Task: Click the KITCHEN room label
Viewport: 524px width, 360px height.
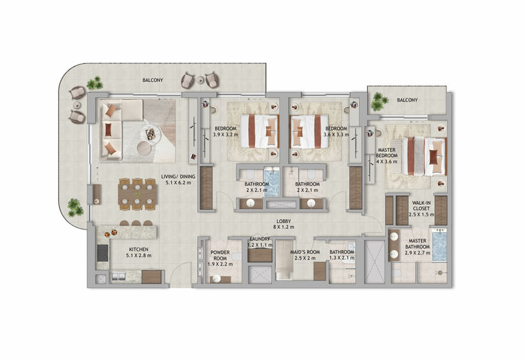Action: pyautogui.click(x=139, y=249)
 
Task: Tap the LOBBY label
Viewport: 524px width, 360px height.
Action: pyautogui.click(x=284, y=221)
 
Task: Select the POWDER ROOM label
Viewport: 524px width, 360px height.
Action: pyautogui.click(x=220, y=255)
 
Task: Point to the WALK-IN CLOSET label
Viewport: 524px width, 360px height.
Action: pyautogui.click(x=421, y=206)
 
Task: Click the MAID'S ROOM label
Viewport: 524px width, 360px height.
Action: pyautogui.click(x=304, y=252)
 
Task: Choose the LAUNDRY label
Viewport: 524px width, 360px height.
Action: pyautogui.click(x=260, y=239)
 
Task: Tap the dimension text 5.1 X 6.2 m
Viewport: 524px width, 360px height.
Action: pyautogui.click(x=178, y=182)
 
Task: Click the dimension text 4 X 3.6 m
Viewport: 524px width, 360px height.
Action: pyautogui.click(x=386, y=162)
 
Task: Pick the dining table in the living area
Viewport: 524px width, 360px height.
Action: pyautogui.click(x=138, y=195)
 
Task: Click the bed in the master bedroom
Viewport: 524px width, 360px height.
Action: pyautogui.click(x=424, y=156)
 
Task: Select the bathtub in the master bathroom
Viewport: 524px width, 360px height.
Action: pyautogui.click(x=439, y=246)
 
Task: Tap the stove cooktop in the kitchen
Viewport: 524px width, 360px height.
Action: pyautogui.click(x=103, y=253)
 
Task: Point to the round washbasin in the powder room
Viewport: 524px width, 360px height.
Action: pyautogui.click(x=217, y=278)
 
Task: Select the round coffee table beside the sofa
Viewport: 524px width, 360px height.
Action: pyautogui.click(x=144, y=147)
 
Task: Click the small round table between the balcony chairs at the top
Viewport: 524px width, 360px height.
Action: pyautogui.click(x=200, y=80)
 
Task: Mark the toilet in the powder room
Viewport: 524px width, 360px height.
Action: pyautogui.click(x=236, y=257)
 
